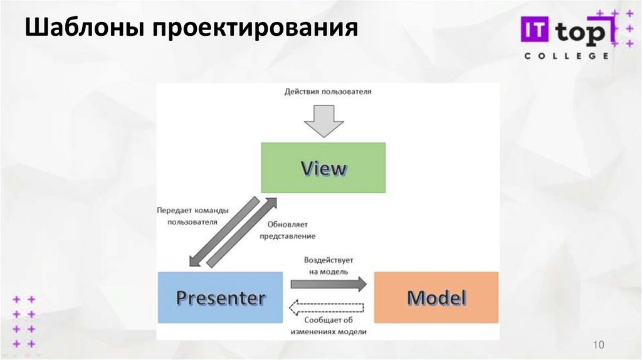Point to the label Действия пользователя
(x=328, y=92)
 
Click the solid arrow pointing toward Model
(x=329, y=283)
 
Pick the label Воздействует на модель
(x=329, y=265)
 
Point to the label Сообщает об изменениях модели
(x=332, y=326)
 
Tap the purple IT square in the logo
(x=534, y=31)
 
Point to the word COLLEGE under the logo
(x=566, y=56)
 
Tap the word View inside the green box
(x=323, y=168)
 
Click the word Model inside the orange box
(x=436, y=297)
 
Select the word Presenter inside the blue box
(x=220, y=297)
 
